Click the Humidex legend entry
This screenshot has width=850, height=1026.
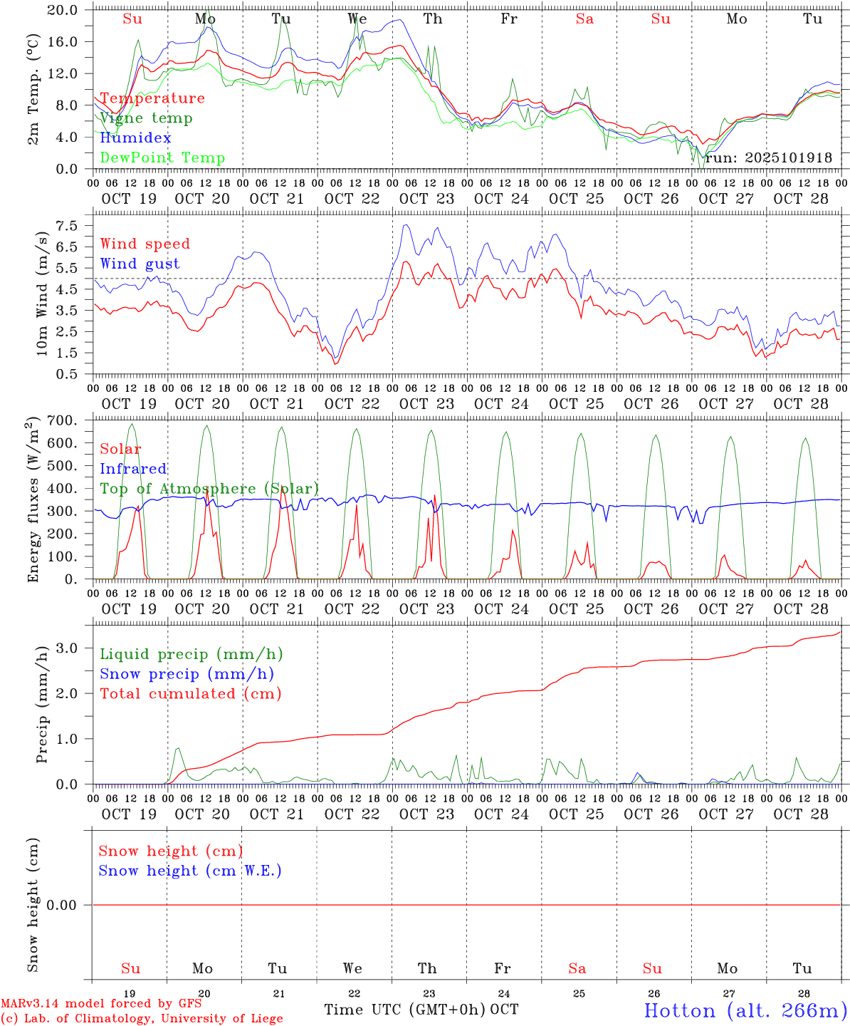point(135,138)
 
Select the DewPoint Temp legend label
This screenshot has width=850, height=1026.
point(162,158)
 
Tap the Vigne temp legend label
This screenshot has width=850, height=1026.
point(146,118)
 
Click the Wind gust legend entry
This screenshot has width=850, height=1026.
point(140,264)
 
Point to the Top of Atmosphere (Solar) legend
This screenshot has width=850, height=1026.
point(209,489)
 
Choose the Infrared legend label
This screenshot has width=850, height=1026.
point(133,469)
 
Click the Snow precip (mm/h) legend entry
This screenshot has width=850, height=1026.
point(187,674)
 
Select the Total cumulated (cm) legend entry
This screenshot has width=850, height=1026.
point(190,694)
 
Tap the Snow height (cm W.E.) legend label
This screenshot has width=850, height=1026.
point(190,871)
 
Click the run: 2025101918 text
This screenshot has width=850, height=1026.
point(768,158)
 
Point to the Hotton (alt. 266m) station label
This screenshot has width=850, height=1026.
point(745,1010)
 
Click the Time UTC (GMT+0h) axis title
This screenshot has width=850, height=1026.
point(404,1010)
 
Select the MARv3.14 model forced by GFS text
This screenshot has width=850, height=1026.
point(101,1003)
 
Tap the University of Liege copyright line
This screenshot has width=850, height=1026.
point(142,1018)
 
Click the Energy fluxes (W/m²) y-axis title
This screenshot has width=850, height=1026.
point(33,502)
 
